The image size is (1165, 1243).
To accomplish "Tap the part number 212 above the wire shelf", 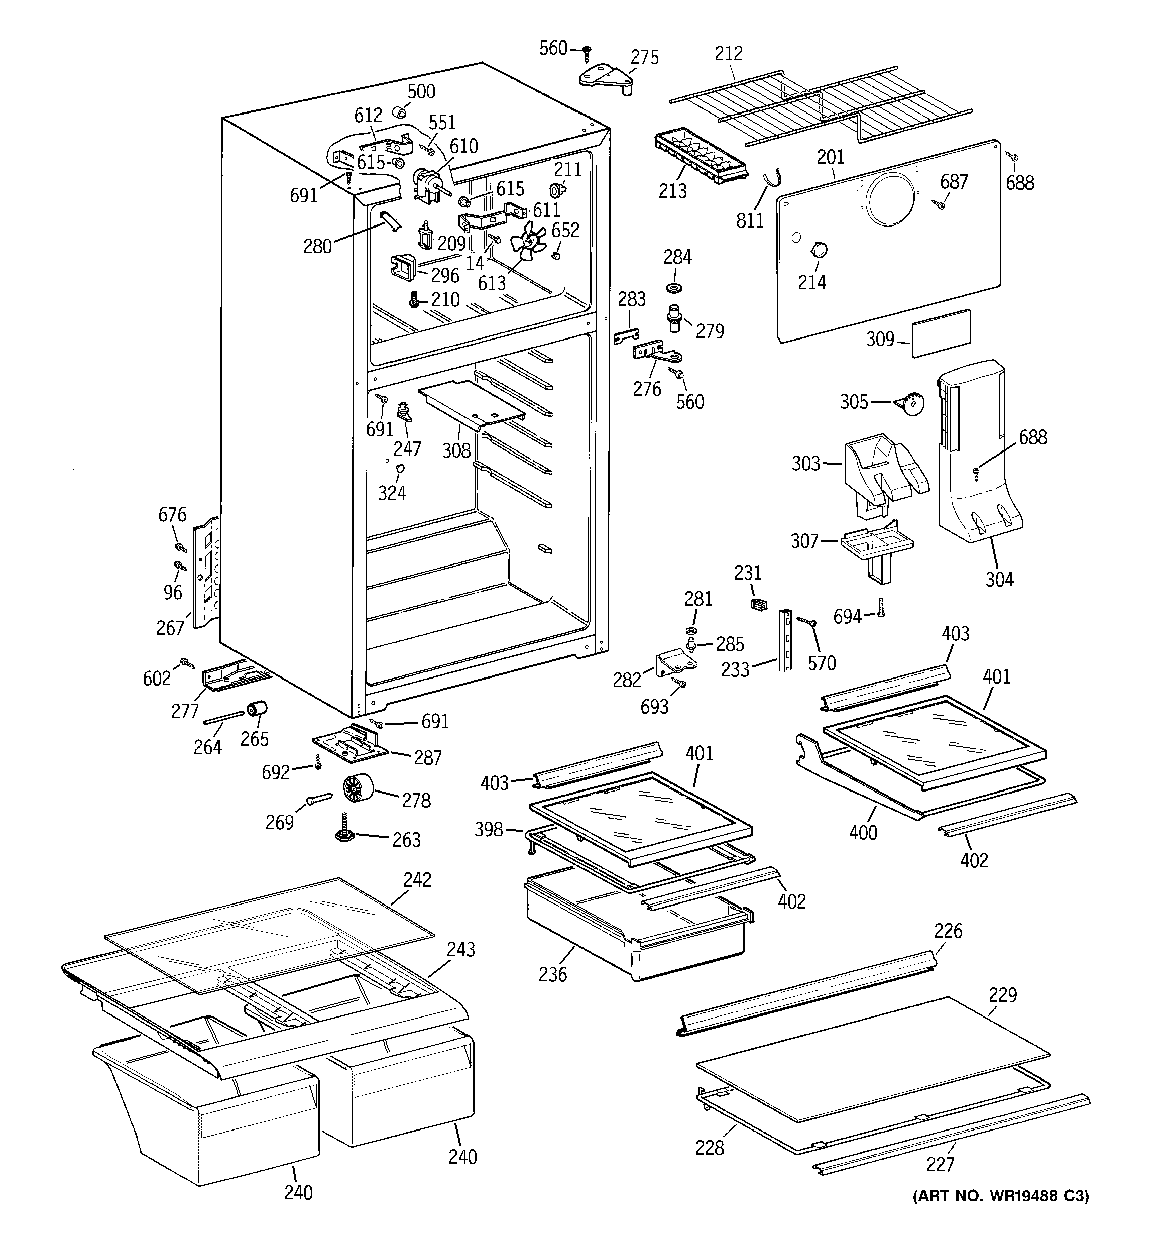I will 729,54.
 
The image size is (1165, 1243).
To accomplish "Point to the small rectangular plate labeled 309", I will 941,333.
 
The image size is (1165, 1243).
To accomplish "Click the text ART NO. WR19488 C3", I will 1000,1196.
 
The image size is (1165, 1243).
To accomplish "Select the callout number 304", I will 999,580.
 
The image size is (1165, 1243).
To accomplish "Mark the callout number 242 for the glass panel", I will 417,880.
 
